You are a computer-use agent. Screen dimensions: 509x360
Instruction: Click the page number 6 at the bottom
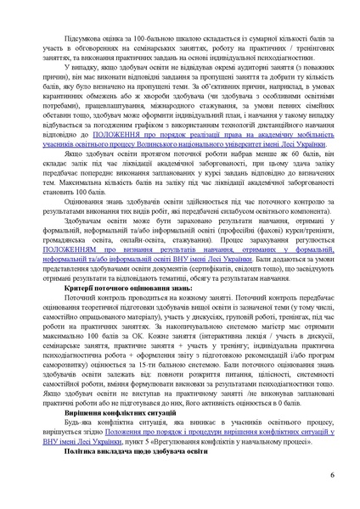pos(332,474)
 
